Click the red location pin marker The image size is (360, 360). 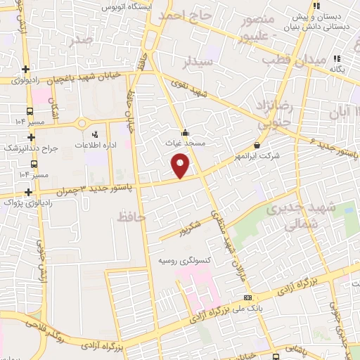tap(181, 166)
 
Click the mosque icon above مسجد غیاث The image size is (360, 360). tap(185, 131)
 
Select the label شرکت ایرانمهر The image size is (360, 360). tap(256, 157)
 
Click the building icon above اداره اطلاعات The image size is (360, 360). tap(94, 132)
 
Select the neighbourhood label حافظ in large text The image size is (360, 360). tap(132, 218)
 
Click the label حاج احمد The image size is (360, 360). tap(185, 15)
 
